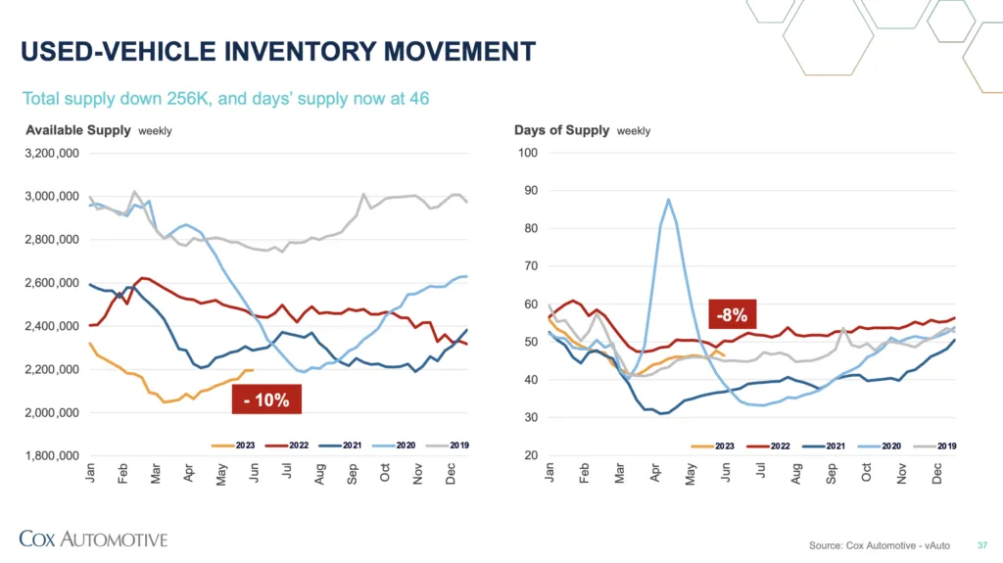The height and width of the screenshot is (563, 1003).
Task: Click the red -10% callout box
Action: tap(266, 399)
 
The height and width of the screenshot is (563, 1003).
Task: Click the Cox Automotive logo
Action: tap(94, 539)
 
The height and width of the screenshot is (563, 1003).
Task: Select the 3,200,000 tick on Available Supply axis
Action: tap(51, 153)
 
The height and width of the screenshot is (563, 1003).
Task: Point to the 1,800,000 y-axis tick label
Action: tap(51, 456)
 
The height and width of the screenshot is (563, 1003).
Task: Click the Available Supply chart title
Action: tap(77, 130)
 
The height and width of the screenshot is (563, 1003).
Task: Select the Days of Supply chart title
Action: tap(561, 130)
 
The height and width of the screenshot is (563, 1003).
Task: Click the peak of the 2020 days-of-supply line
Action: tap(668, 200)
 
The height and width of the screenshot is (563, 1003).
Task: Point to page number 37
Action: tap(982, 544)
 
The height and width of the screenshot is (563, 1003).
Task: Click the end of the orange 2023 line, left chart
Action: tap(254, 370)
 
